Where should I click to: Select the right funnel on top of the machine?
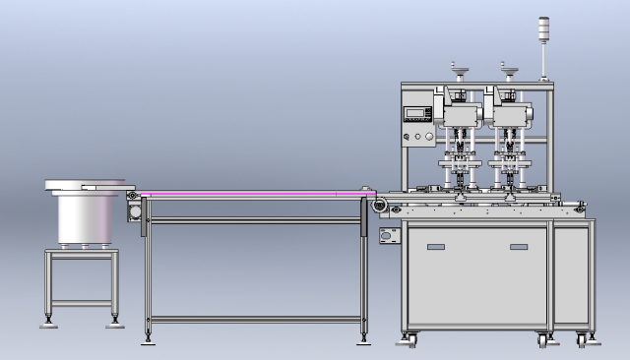pyautogui.click(x=509, y=69)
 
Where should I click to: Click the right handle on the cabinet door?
pyautogui.click(x=518, y=247)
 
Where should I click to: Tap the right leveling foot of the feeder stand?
pyautogui.click(x=115, y=321)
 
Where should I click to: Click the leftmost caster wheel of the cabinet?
pyautogui.click(x=409, y=340)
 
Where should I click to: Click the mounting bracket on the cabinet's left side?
pyautogui.click(x=389, y=235)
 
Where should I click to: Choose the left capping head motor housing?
pyautogui.click(x=458, y=114)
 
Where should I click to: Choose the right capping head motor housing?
pyautogui.click(x=513, y=114)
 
